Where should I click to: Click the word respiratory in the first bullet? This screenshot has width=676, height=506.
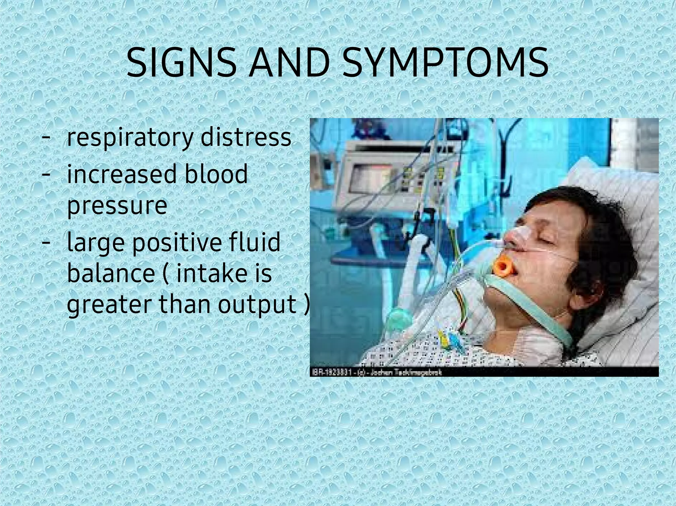pyautogui.click(x=130, y=138)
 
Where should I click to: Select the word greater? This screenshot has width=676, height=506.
pyautogui.click(x=110, y=305)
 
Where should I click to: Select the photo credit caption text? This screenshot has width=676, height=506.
pyautogui.click(x=376, y=372)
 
